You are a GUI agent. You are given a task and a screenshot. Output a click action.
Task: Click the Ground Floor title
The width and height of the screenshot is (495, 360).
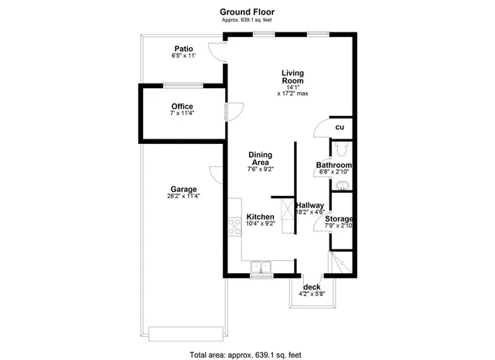point(247,12)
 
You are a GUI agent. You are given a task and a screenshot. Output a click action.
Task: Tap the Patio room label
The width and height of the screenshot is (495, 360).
point(183,48)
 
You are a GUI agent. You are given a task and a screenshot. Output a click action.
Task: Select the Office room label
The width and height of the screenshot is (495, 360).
point(183,106)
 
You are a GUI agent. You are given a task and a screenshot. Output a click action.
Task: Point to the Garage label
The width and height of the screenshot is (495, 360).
point(183,189)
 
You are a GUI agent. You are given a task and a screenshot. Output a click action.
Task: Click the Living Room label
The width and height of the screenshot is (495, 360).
point(292,77)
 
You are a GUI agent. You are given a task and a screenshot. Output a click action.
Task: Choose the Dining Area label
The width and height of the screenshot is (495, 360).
point(261,158)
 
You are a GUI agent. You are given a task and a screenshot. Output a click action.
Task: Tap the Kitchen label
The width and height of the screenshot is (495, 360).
point(261,217)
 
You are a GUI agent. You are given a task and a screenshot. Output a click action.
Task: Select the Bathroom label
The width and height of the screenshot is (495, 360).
point(334,166)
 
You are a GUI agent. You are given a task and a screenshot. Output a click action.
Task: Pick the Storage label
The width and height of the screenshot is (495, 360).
point(339,219)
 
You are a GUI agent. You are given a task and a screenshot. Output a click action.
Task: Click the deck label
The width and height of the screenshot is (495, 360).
point(312,287)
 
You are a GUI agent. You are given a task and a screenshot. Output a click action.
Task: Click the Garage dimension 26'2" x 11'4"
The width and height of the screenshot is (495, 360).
point(183,197)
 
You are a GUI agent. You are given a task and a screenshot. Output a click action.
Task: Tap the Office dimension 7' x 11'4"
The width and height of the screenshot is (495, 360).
point(183,114)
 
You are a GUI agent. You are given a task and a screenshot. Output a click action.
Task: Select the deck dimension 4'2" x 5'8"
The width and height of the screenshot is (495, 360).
point(312,294)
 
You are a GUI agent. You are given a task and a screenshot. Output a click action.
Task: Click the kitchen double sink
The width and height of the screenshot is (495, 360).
point(261,267)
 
